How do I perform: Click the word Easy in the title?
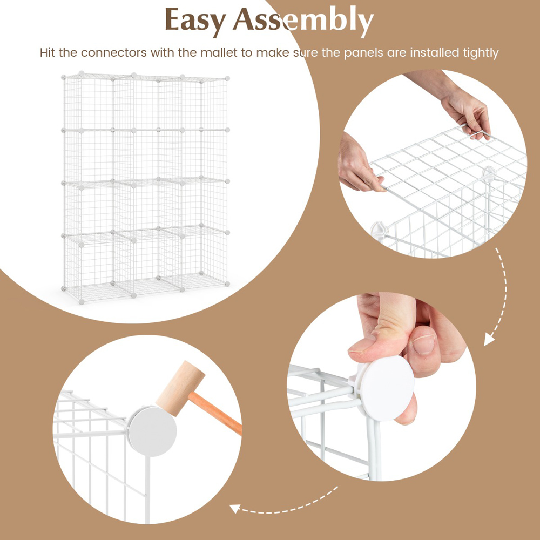195,21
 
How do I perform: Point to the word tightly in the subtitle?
481,53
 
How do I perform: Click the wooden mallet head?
180,388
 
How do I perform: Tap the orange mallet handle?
215,413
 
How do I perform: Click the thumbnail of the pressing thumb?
361,345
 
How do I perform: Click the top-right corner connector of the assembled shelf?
227,79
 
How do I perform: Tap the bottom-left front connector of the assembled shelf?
82,302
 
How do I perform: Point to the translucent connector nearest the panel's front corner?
379,230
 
